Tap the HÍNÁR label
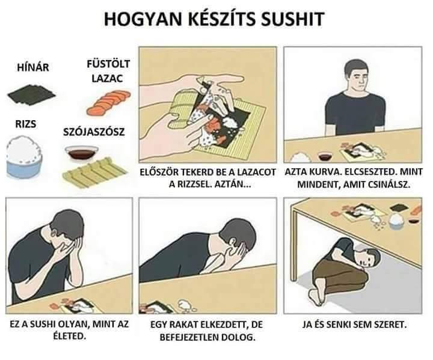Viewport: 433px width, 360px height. pyautogui.click(x=33, y=67)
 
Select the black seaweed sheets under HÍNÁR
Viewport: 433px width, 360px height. pyautogui.click(x=31, y=95)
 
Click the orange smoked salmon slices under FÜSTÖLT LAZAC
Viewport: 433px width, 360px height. pyautogui.click(x=108, y=102)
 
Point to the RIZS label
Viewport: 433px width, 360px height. pyautogui.click(x=25, y=124)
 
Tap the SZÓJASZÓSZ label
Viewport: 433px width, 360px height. pyautogui.click(x=94, y=132)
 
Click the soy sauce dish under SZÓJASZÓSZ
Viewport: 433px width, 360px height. pyautogui.click(x=81, y=153)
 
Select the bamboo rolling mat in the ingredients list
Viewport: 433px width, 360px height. pyautogui.click(x=95, y=172)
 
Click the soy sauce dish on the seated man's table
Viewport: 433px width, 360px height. pyautogui.click(x=325, y=156)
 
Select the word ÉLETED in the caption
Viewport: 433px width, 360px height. pyautogui.click(x=69, y=336)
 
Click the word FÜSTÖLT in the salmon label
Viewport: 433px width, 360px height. pyautogui.click(x=108, y=64)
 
